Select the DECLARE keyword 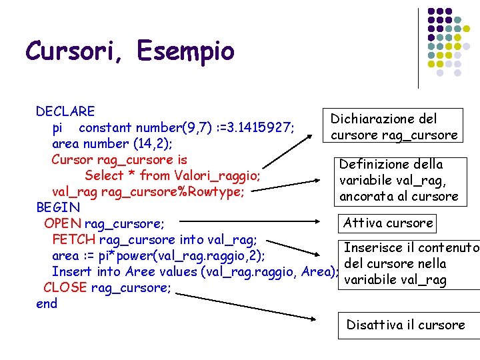pyautogui.click(x=65, y=111)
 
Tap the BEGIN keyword pyautogui.click(x=57, y=207)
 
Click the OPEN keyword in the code pyautogui.click(x=62, y=223)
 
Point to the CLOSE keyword pyautogui.click(x=65, y=287)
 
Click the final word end pyautogui.click(x=47, y=303)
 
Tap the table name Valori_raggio pyautogui.click(x=217, y=175)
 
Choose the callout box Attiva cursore pyautogui.click(x=388, y=223)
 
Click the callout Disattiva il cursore pyautogui.click(x=405, y=325)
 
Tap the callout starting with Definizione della pyautogui.click(x=399, y=180)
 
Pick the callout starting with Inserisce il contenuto pyautogui.click(x=409, y=264)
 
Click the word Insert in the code pyautogui.click(x=72, y=271)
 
